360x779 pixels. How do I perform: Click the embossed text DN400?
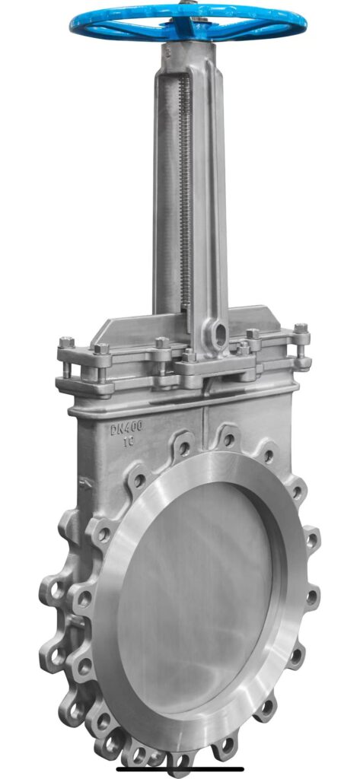(x=127, y=428)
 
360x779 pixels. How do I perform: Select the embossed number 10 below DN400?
(x=129, y=441)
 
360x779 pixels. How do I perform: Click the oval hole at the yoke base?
(x=218, y=335)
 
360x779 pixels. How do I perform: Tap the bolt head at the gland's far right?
(x=301, y=329)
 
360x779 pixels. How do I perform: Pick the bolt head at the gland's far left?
(x=67, y=342)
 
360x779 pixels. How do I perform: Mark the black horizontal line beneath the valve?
(x=180, y=769)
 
